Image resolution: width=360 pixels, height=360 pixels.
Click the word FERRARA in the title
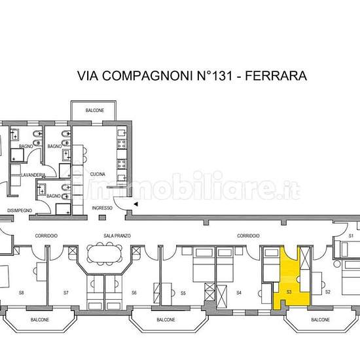click(276, 76)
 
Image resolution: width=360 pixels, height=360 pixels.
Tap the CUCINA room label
click(98, 174)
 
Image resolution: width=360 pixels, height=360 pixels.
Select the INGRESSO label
click(102, 208)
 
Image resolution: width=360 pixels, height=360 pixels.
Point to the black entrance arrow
click(136, 204)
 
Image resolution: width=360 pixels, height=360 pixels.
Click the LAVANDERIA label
click(33, 175)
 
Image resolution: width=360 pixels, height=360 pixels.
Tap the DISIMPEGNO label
click(20, 211)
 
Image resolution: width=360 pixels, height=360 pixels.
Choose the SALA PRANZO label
click(117, 236)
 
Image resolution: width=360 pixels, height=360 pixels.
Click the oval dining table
click(105, 253)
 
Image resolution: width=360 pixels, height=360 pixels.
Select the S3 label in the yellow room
click(289, 292)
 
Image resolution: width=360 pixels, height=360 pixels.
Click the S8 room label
click(22, 293)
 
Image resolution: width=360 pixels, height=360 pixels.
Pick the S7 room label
click(66, 293)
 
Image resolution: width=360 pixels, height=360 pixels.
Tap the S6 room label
click(134, 293)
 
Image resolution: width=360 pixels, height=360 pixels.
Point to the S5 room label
click(183, 293)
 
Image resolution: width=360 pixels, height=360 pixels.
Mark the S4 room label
click(239, 293)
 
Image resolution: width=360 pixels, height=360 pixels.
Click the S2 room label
click(328, 292)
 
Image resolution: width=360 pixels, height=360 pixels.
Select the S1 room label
click(351, 236)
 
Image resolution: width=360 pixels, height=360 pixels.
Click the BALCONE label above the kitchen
click(95, 111)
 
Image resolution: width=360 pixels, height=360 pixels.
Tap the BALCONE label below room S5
click(166, 319)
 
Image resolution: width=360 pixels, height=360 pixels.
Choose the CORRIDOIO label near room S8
click(46, 236)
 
